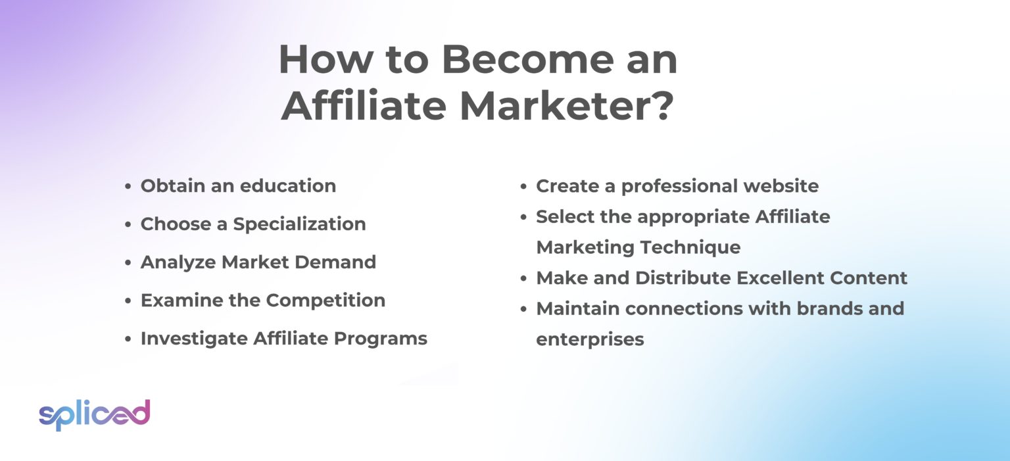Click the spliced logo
[94, 414]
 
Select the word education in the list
[288, 186]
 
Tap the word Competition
[325, 301]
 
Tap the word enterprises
[590, 339]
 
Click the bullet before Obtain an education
[128, 187]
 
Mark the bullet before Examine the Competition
[128, 301]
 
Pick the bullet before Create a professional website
[523, 187]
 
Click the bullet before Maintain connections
[523, 309]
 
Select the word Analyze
[178, 262]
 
